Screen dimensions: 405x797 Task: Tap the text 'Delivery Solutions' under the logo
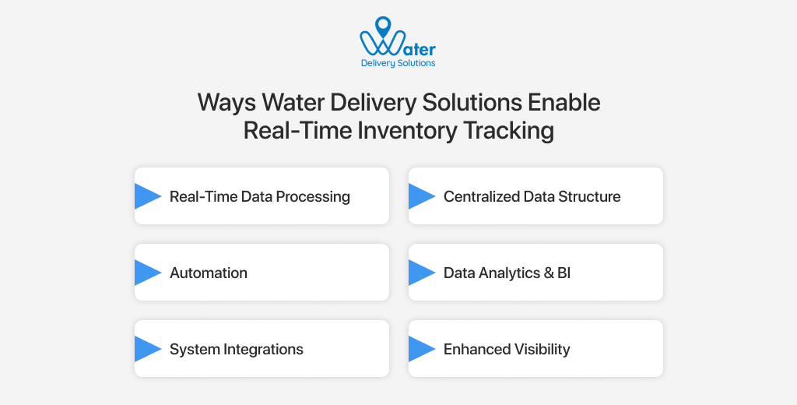(x=398, y=63)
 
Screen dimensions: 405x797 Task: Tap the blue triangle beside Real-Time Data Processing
(x=146, y=196)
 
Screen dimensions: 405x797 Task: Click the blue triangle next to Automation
(x=146, y=273)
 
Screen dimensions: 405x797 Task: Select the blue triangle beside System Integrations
(x=146, y=349)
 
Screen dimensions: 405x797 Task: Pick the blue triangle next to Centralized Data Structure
(x=420, y=196)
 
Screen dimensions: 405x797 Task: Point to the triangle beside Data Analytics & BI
(x=420, y=273)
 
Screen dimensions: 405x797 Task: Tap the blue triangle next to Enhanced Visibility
(x=420, y=349)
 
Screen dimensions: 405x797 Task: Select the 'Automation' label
(x=209, y=273)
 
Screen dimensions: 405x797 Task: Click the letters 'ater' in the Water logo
(x=420, y=48)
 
